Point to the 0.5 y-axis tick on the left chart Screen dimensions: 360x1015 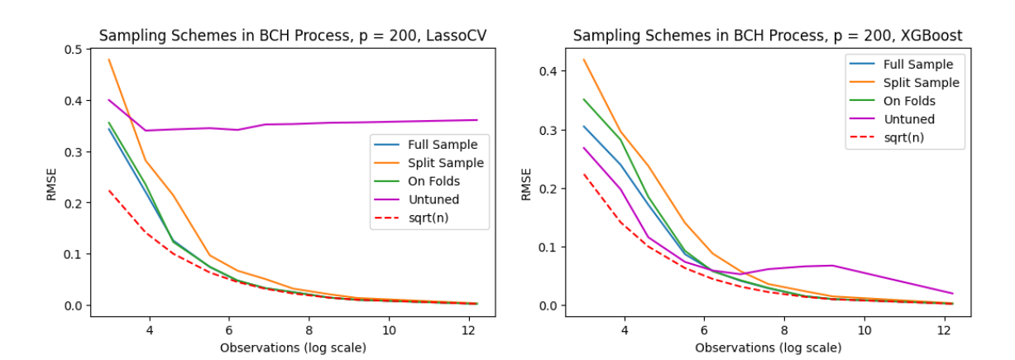pos(72,50)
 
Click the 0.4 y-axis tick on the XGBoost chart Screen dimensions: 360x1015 pos(548,71)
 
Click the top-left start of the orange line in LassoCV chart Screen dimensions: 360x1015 pos(109,60)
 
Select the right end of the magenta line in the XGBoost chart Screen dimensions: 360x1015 pos(953,293)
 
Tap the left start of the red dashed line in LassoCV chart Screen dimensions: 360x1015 pos(109,190)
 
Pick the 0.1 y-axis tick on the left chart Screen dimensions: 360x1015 pos(72,254)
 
